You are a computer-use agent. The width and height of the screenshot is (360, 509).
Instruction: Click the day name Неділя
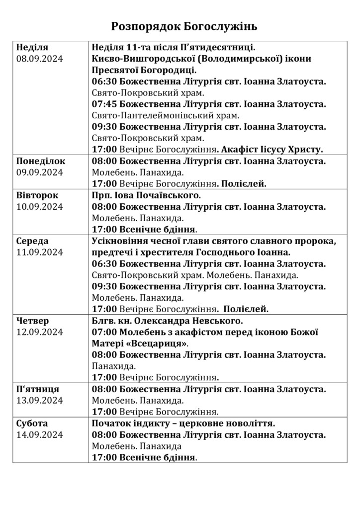tap(32, 48)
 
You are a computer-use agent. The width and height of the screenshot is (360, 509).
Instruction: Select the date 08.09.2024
tap(40, 59)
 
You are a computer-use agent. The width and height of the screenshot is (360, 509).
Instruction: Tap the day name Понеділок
tap(41, 161)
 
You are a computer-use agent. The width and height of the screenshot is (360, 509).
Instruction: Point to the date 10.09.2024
tap(40, 207)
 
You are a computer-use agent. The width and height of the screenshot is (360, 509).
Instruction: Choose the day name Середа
tap(33, 241)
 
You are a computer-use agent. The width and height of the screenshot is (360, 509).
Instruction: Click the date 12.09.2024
tap(40, 332)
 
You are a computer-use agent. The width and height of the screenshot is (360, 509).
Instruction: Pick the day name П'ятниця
tap(38, 389)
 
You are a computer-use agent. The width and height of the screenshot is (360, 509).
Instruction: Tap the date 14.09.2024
tap(40, 435)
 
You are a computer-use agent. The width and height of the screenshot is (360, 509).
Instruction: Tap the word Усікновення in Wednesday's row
tap(123, 241)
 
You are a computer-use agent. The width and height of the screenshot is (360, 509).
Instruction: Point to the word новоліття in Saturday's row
tap(252, 424)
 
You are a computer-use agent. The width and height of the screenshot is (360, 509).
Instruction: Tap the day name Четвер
tap(33, 321)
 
